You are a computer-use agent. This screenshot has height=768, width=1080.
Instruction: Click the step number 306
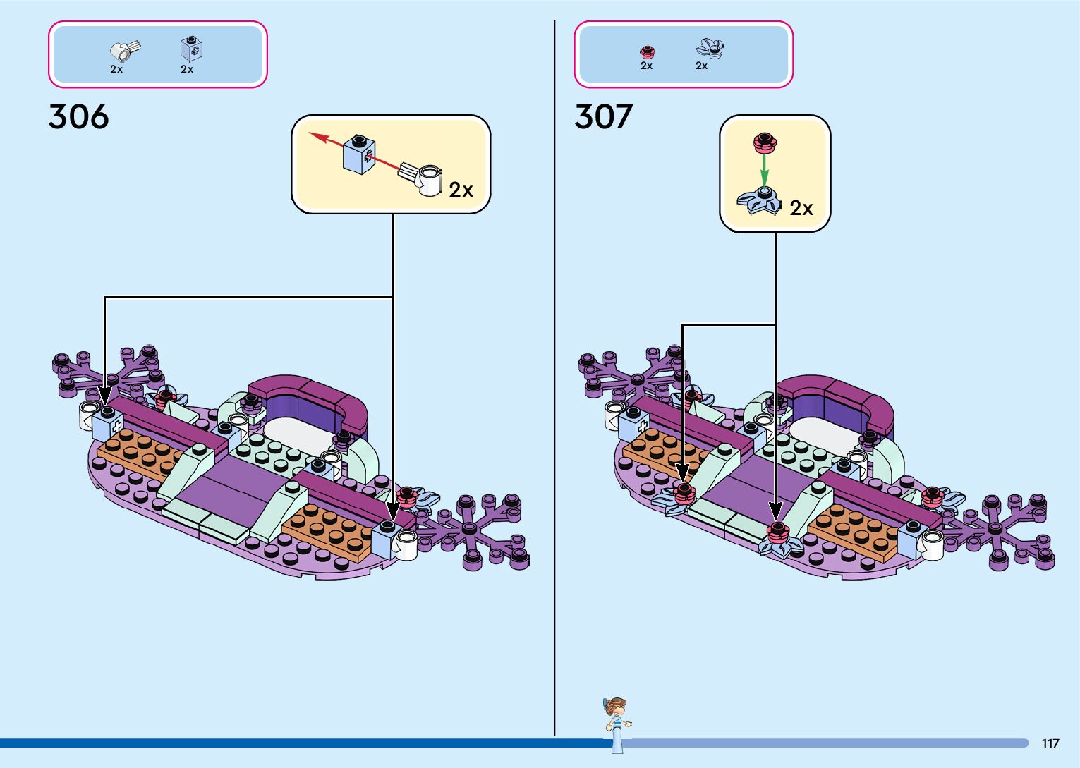pyautogui.click(x=78, y=117)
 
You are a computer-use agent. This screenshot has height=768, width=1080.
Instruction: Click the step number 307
pyautogui.click(x=603, y=117)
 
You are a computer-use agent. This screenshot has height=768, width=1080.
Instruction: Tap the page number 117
pyautogui.click(x=1050, y=743)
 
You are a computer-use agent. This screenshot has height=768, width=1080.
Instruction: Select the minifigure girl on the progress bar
pyautogui.click(x=617, y=724)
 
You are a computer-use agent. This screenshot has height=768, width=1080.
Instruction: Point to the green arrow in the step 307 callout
pyautogui.click(x=763, y=169)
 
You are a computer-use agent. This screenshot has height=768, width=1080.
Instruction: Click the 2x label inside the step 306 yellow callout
pyautogui.click(x=461, y=190)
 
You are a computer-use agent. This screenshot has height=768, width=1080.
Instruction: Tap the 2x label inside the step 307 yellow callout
pyautogui.click(x=801, y=208)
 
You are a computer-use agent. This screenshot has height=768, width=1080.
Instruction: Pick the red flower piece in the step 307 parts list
pyautogui.click(x=647, y=51)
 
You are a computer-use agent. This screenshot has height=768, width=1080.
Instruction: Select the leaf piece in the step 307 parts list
pyautogui.click(x=710, y=48)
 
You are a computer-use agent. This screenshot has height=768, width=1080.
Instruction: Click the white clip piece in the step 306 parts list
pyautogui.click(x=125, y=50)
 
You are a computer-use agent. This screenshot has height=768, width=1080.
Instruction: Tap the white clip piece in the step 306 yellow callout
pyautogui.click(x=423, y=177)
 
